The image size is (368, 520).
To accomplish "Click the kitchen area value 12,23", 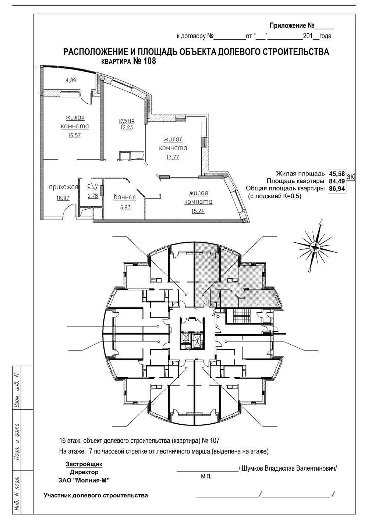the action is coord(127,127).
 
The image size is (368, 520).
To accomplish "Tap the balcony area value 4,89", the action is coord(71,81).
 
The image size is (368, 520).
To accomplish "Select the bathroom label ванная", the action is coord(125,197).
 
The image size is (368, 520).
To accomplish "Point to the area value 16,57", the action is coord(75,135).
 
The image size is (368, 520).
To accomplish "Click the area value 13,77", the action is coord(173,157).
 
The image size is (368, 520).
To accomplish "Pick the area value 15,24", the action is coord(198,211).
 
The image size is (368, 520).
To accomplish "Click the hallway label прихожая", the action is coord(63,187).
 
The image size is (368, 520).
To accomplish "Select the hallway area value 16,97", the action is coord(63,197).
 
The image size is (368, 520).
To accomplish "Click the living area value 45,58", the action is coord(336,174).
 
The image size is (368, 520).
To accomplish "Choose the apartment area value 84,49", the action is coord(336,181).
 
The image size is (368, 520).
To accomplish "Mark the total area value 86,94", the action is coord(336,189).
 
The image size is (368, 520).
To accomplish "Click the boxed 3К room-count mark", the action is coord(350,177).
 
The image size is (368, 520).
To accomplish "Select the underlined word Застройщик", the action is coord(84,457).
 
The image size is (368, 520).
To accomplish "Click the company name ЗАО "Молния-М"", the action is coord(84,474).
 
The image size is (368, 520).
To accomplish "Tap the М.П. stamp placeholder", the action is coord(206,470).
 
